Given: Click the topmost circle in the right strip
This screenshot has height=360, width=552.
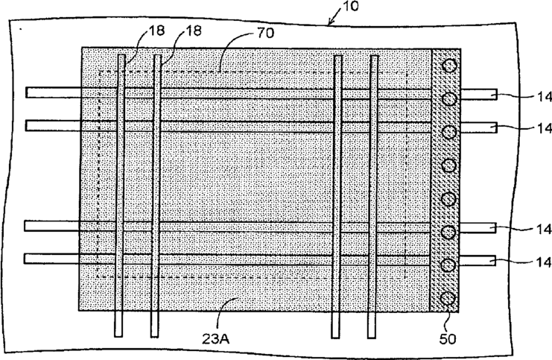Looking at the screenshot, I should [448, 66].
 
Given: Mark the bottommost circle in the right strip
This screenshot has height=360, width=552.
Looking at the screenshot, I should [448, 299].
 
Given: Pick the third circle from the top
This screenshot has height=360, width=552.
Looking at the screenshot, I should [448, 133].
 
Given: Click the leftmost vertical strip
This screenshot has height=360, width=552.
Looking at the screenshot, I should [119, 194].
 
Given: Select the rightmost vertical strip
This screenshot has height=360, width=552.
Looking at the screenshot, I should [375, 194].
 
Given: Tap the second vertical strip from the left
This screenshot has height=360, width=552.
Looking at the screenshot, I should [156, 194].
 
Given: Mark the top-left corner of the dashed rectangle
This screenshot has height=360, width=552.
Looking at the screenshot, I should [99, 72].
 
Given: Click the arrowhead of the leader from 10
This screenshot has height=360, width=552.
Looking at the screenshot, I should [329, 23].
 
